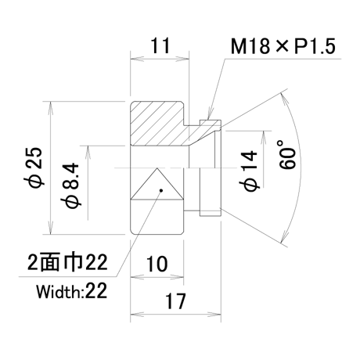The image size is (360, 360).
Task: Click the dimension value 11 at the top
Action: tap(160, 45)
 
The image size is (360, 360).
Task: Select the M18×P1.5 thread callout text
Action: tap(283, 46)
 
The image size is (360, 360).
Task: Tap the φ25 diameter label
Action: tap(36, 167)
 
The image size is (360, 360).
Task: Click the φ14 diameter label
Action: tap(248, 171)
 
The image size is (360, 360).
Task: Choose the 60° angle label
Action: tap(287, 155)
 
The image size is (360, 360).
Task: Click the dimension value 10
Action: tap(157, 264)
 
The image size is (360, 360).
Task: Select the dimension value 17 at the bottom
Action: tap(175, 301)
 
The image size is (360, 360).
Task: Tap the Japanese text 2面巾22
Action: tap(67, 262)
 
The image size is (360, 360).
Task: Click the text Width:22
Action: tap(72, 291)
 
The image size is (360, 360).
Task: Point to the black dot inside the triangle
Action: tap(161, 190)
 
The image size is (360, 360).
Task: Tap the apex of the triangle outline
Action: tap(157, 168)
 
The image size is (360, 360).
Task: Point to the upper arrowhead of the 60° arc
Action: tap(284, 99)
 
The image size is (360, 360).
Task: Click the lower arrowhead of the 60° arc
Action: tap(284, 236)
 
